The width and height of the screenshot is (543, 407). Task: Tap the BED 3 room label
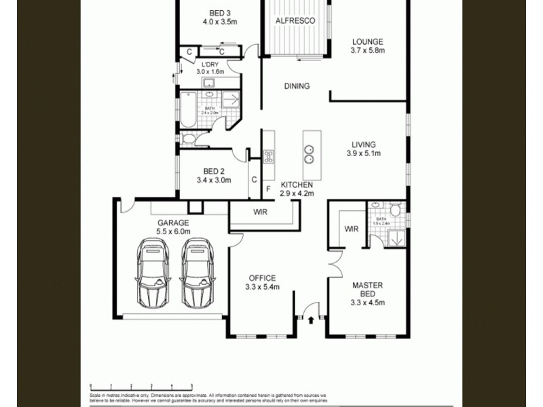pyautogui.click(x=219, y=17)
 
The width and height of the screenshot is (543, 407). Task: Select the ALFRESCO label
pyautogui.click(x=295, y=21)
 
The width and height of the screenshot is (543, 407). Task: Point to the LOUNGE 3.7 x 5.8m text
pyautogui.click(x=367, y=46)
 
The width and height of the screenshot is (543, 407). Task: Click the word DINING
pyautogui.click(x=297, y=86)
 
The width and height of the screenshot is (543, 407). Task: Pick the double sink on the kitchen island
pyautogui.click(x=309, y=155)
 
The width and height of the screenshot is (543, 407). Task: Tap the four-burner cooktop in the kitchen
pyautogui.click(x=268, y=158)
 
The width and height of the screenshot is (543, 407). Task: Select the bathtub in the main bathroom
pyautogui.click(x=188, y=110)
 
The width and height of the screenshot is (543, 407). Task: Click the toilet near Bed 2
pyautogui.click(x=189, y=140)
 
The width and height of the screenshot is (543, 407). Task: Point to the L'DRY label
pyautogui.click(x=210, y=67)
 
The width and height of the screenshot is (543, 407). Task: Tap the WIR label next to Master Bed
pyautogui.click(x=351, y=229)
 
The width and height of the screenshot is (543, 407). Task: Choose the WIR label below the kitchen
pyautogui.click(x=261, y=212)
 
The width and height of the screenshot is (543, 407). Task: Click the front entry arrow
pyautogui.click(x=311, y=319)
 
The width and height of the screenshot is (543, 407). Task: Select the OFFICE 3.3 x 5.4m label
pyautogui.click(x=261, y=282)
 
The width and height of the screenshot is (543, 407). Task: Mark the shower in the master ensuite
pyautogui.click(x=394, y=237)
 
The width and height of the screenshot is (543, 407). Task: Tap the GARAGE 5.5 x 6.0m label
pyautogui.click(x=174, y=227)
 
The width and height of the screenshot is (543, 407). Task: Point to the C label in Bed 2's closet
pyautogui.click(x=254, y=180)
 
